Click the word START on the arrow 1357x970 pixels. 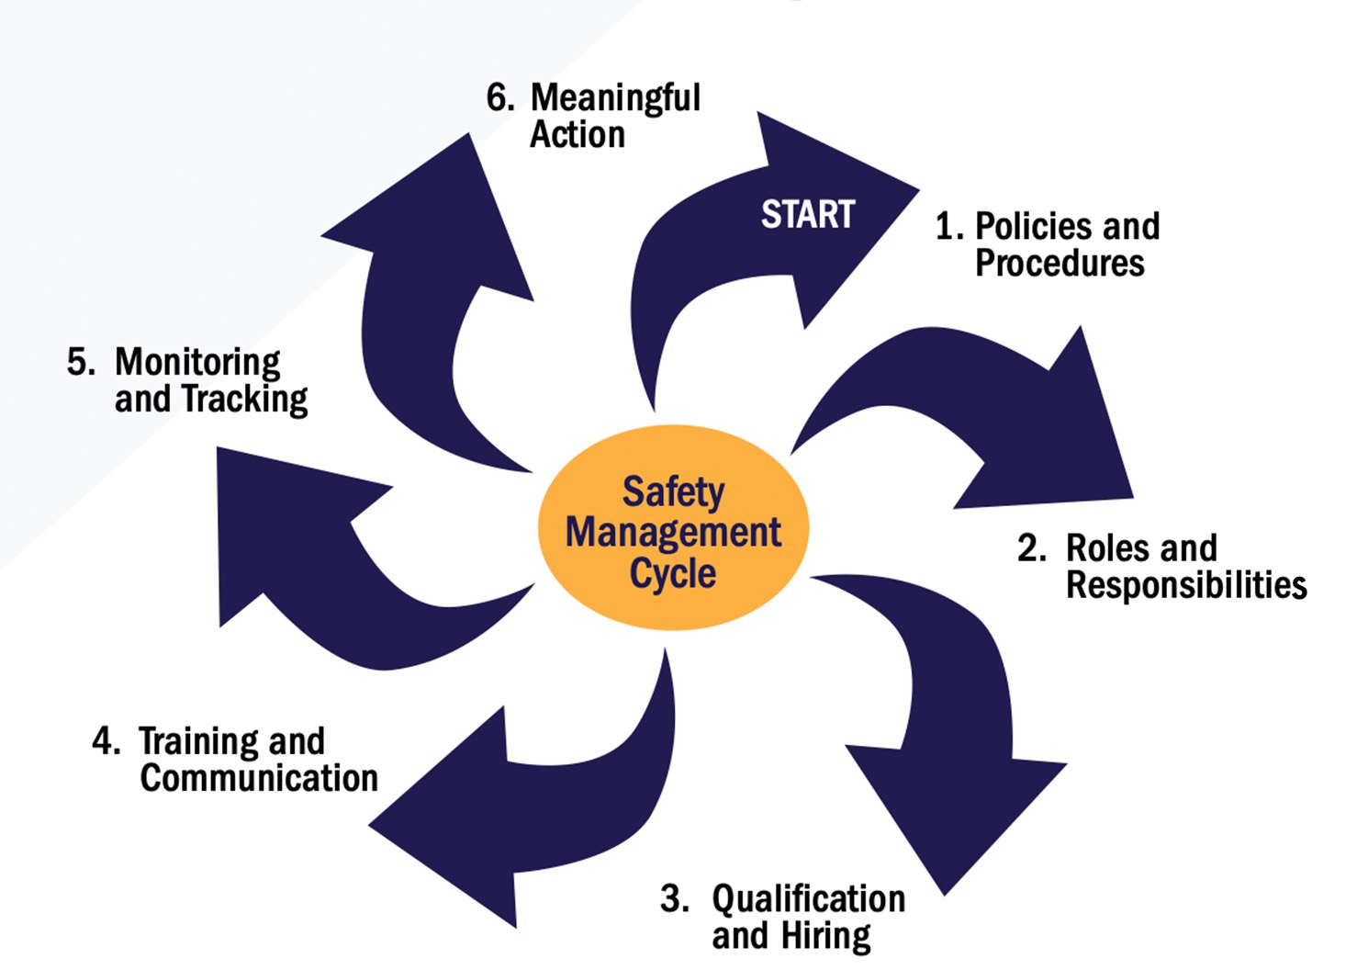[x=808, y=214]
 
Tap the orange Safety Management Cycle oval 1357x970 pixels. [x=673, y=528]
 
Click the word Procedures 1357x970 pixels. [x=1060, y=264]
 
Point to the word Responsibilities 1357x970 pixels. [x=1186, y=585]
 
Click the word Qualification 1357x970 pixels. [x=808, y=898]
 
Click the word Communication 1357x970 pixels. [x=259, y=778]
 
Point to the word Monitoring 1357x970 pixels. [x=197, y=363]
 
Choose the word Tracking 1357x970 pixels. [x=244, y=400]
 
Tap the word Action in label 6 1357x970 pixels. [x=578, y=135]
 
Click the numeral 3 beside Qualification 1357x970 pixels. [x=673, y=898]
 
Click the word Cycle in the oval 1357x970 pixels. [x=673, y=573]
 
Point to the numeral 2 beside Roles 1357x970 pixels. [x=1029, y=548]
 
